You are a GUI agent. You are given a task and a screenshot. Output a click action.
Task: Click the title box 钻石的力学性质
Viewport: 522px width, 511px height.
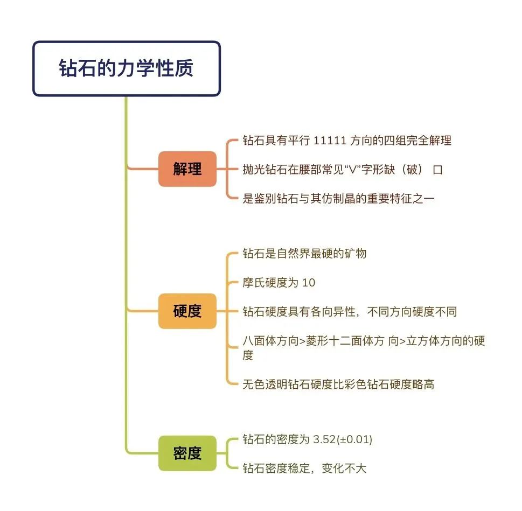127,68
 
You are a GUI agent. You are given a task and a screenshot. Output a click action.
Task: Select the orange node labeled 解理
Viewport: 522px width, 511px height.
187,169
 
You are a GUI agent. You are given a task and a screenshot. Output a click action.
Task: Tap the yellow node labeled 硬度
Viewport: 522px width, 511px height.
187,311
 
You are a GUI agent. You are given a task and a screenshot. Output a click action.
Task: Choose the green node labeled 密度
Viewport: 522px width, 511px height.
187,453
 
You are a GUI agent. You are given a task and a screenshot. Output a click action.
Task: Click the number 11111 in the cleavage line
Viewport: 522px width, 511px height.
330,141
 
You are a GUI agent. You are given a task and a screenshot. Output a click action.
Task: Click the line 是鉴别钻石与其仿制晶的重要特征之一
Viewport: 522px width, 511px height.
338,199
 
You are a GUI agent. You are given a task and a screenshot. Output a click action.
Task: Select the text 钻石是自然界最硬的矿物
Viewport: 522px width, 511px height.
304,254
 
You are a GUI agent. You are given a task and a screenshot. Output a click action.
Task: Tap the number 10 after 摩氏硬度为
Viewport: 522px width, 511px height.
309,283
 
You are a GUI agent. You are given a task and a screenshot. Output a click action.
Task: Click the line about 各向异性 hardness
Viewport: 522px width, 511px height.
350,312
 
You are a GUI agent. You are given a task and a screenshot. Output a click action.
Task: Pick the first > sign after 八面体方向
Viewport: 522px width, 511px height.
302,341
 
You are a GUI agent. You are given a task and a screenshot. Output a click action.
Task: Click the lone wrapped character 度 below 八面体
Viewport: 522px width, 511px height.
248,355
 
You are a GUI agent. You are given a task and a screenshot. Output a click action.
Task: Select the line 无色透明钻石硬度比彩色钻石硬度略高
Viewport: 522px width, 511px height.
338,384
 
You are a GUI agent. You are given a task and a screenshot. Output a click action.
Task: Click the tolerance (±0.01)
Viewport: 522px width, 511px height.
354,439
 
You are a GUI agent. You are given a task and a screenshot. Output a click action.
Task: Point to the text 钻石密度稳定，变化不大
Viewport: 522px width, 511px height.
304,468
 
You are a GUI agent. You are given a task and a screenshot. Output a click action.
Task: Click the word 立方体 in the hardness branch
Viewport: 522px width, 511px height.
423,341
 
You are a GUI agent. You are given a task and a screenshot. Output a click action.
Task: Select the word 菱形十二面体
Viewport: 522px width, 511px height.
339,341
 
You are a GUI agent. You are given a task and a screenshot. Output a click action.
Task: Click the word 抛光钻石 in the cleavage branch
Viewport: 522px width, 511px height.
265,170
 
